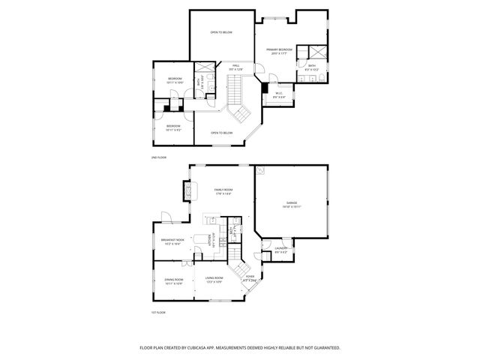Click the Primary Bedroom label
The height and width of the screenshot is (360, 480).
tap(278, 50)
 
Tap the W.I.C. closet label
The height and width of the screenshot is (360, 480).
tap(279, 95)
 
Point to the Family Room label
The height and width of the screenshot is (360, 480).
tap(223, 190)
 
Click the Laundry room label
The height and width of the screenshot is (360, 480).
tap(281, 248)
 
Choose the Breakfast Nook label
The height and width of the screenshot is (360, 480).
tap(172, 240)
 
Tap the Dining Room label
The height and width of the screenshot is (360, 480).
tap(173, 280)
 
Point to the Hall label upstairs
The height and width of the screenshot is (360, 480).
tap(235, 66)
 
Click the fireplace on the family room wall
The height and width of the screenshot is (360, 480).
tap(184, 193)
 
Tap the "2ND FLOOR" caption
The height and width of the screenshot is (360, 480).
tap(158, 157)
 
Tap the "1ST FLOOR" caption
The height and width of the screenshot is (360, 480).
tap(158, 312)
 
